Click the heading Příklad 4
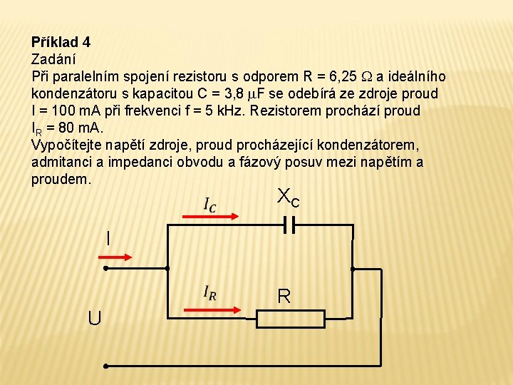point(61,42)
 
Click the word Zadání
point(54,59)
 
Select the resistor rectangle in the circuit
point(290,319)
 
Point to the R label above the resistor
point(284,296)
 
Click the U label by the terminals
point(94,317)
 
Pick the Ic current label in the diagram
point(210,205)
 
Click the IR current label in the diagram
point(210,292)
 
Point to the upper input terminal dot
point(105,269)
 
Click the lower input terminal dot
point(105,366)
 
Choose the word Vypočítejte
point(66,145)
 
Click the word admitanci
point(61,162)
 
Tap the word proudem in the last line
point(61,179)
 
